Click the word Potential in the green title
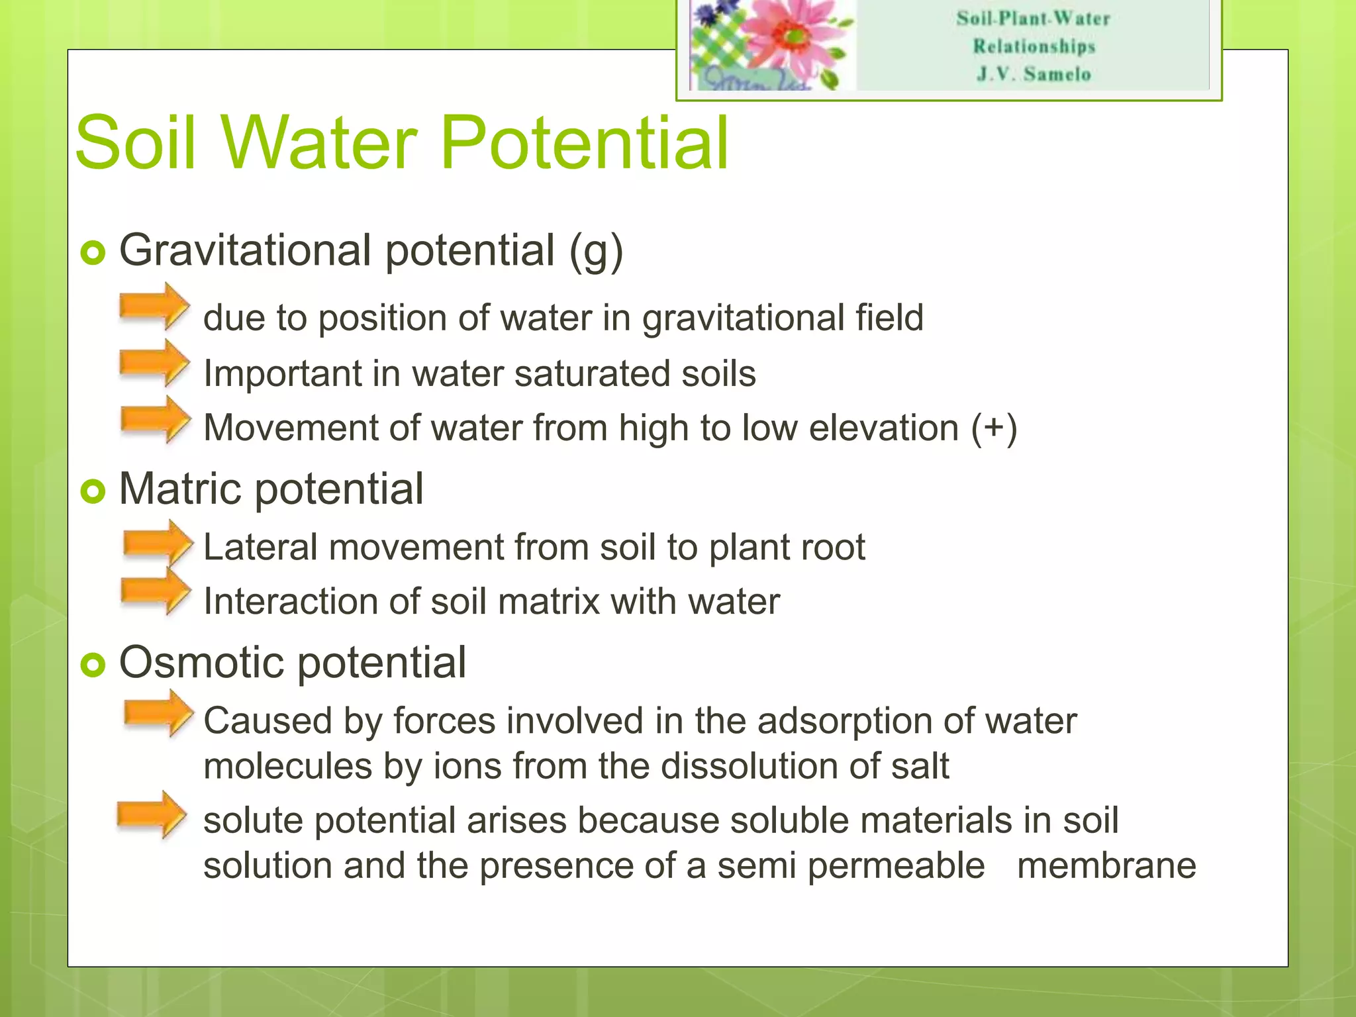click(584, 142)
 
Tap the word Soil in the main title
click(136, 142)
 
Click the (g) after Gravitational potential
click(596, 252)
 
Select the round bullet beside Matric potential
click(93, 491)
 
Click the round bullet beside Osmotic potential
click(93, 665)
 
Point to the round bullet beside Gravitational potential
click(93, 252)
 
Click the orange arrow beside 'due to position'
click(154, 306)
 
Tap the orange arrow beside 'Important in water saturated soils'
click(154, 363)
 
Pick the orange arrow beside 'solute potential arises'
click(152, 814)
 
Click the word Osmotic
click(202, 662)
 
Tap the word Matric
click(180, 489)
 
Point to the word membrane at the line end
click(1106, 865)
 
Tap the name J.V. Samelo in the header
click(1034, 74)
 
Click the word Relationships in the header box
click(1034, 46)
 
